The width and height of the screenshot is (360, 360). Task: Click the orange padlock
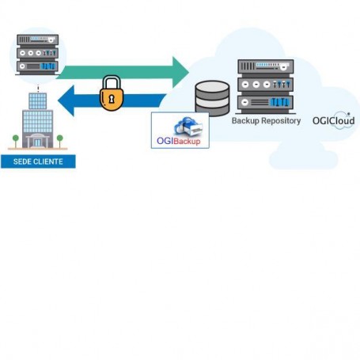112,93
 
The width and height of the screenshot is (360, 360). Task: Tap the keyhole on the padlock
112,99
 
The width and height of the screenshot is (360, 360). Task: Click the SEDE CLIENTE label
38,161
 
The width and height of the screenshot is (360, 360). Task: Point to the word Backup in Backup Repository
245,121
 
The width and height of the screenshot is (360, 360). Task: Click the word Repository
281,121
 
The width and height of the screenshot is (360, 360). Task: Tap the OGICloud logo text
333,121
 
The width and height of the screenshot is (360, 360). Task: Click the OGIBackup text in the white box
179,141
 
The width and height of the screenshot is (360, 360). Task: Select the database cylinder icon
212,98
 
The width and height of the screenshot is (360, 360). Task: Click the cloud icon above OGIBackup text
188,127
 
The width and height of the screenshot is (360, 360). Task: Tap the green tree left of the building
16,142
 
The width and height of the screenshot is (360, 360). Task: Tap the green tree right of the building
60,142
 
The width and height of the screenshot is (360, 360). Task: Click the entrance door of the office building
37,142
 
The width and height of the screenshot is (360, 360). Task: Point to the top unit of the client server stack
38,40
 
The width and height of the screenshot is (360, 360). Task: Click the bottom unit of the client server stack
38,66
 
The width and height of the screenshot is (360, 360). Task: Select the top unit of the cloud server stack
266,66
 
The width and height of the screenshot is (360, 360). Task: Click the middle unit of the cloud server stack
266,85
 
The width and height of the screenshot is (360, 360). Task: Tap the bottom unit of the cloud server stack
266,102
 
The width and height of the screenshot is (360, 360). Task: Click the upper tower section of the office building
38,100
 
